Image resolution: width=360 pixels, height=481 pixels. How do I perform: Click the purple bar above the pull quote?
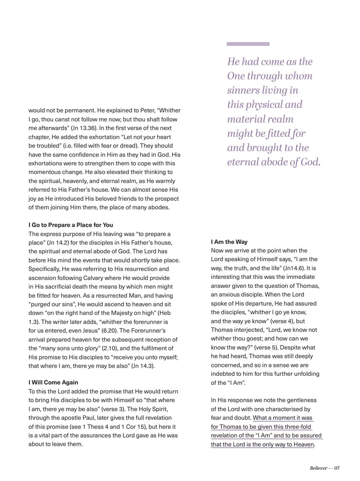pyautogui.click(x=248, y=44)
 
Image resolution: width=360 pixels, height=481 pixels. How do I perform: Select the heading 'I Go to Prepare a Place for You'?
pyautogui.click(x=71, y=225)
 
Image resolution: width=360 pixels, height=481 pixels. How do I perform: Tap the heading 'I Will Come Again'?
pyautogui.click(x=53, y=382)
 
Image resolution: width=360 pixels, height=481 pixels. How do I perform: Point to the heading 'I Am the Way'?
pyautogui.click(x=229, y=242)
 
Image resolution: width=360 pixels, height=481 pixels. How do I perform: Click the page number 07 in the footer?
pyautogui.click(x=337, y=468)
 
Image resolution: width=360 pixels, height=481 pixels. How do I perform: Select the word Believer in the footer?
pyautogui.click(x=318, y=468)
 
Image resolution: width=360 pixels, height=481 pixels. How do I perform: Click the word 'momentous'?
pyautogui.click(x=45, y=172)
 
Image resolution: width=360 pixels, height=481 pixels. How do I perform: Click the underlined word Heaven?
pyautogui.click(x=303, y=444)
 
